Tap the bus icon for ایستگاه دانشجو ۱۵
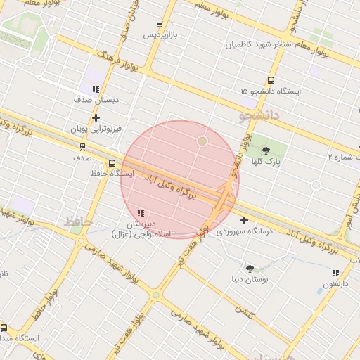click(271, 80)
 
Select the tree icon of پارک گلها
click(266, 150)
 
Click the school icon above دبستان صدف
click(96, 89)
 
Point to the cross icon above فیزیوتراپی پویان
click(96, 117)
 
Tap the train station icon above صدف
click(83, 148)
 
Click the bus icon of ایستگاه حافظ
click(112, 164)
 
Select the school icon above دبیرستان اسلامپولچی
click(141, 212)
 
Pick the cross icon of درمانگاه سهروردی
click(244, 220)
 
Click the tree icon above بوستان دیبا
click(250, 268)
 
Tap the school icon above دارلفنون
click(335, 273)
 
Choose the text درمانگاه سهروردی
click(243, 231)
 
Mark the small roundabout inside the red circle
click(202, 141)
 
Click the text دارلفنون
click(335, 284)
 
